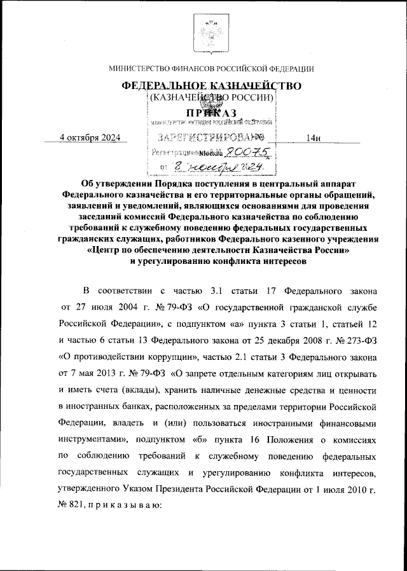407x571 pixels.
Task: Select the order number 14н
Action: tap(312, 137)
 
